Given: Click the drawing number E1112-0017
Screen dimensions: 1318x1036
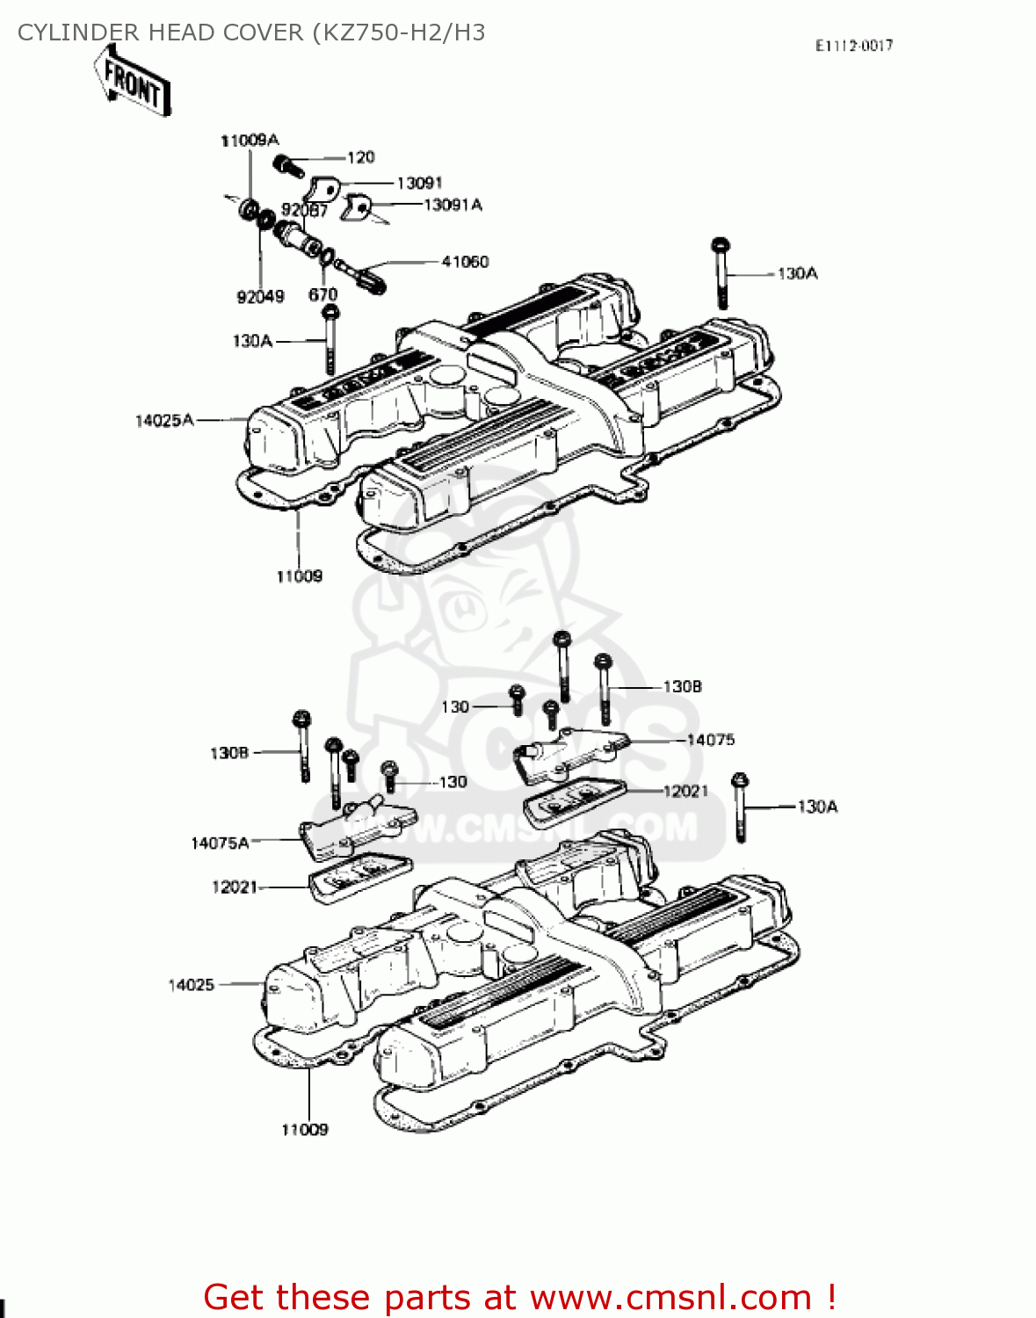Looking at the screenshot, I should [853, 46].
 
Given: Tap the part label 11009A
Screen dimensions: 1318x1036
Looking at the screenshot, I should [249, 140].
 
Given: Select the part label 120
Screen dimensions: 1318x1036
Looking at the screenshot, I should [360, 157].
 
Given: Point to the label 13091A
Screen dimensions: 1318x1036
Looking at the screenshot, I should [453, 205].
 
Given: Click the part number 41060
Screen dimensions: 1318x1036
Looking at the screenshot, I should [465, 262].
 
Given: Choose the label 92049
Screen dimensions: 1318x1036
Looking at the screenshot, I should [260, 297].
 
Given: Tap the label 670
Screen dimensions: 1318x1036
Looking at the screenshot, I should [322, 295].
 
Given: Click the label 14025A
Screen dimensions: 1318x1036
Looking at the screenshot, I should [163, 421].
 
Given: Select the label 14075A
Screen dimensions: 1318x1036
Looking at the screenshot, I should [220, 844].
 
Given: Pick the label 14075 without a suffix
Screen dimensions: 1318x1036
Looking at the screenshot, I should [710, 740].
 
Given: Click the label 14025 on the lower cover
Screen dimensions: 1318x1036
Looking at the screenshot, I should [191, 985].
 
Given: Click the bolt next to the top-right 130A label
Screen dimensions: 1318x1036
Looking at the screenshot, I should [721, 272].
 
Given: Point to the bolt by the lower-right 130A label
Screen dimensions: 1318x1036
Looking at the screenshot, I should [740, 807].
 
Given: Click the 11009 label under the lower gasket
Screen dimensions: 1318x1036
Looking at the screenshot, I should [304, 1130].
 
